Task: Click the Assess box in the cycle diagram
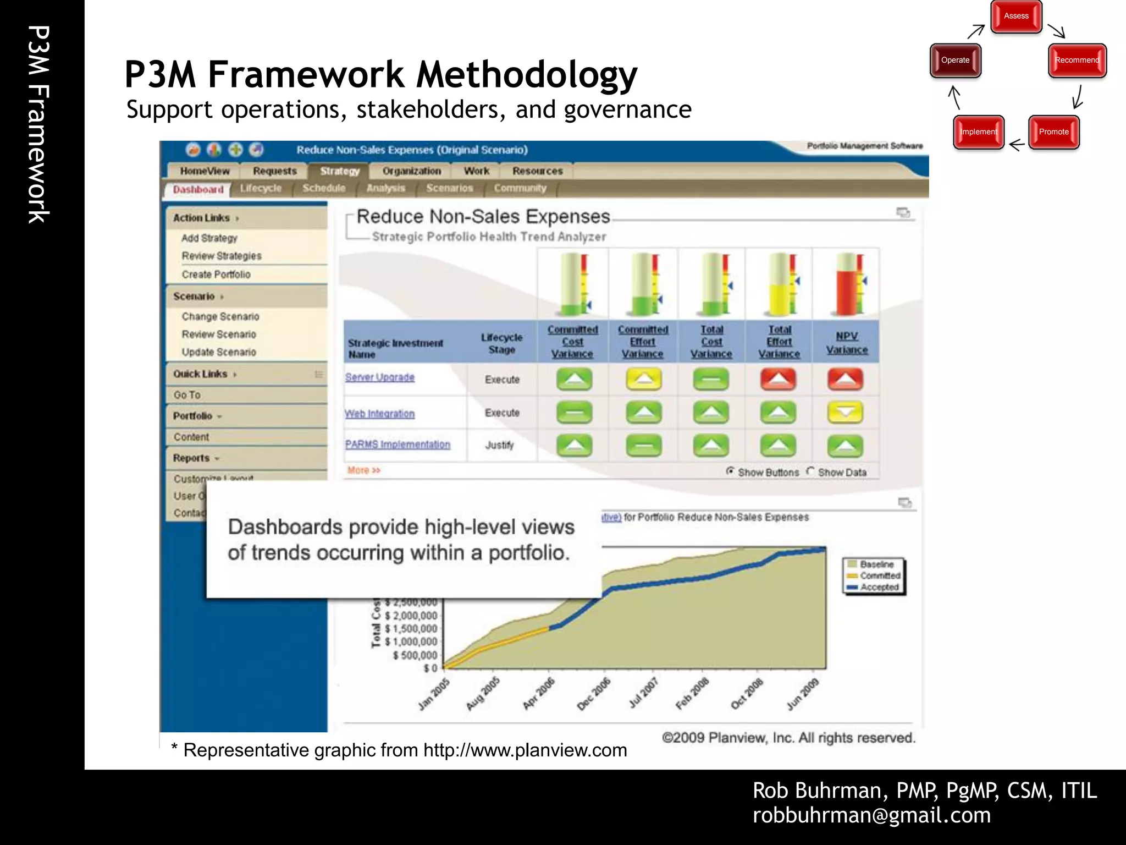click(1016, 17)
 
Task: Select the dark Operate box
click(955, 61)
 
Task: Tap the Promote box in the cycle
click(1053, 132)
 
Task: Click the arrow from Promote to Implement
click(1017, 145)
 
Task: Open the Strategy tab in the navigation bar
click(339, 171)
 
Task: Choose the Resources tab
click(537, 171)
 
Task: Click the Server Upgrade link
click(380, 377)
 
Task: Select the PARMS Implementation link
click(398, 445)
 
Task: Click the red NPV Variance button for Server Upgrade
click(845, 379)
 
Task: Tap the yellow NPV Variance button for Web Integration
click(845, 413)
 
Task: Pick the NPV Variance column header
click(847, 343)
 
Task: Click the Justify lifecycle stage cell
click(500, 445)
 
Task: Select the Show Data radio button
click(810, 471)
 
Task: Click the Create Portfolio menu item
click(216, 275)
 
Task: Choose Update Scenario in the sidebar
click(219, 352)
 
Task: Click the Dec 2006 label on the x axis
click(594, 694)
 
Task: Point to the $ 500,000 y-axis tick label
click(415, 655)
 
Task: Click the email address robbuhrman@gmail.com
click(871, 815)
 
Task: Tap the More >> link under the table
click(364, 470)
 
